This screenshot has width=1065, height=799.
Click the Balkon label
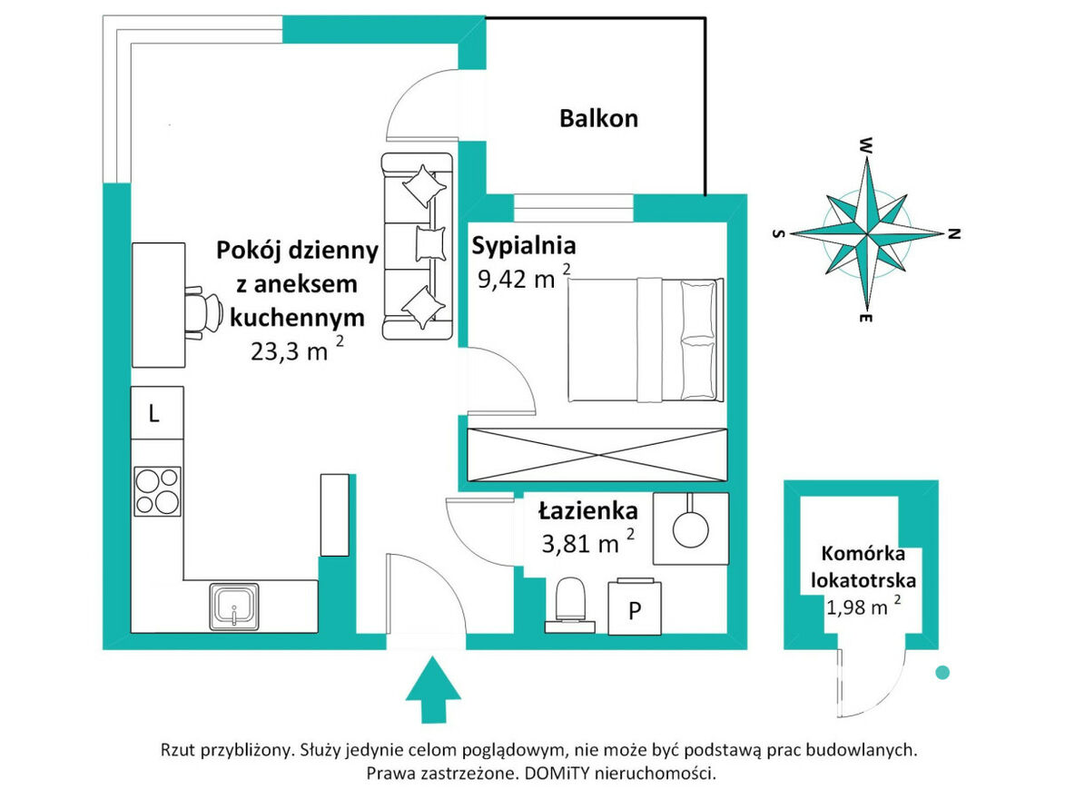[598, 118]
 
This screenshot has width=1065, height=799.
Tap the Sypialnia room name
[524, 246]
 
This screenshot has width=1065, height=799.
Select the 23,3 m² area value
[297, 350]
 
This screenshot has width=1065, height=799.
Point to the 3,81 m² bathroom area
[588, 541]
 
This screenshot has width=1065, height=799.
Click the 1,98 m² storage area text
[863, 606]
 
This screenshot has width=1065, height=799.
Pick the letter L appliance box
[157, 413]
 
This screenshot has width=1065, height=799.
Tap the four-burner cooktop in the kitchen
[158, 490]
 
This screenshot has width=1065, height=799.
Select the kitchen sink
[233, 607]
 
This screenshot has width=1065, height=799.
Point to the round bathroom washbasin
[690, 528]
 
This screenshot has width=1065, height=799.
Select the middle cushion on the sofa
[430, 244]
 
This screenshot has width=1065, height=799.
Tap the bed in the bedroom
[646, 340]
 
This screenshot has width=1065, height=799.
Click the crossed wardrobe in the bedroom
[597, 455]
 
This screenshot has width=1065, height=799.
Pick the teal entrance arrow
[433, 689]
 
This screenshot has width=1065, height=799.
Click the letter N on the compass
[954, 234]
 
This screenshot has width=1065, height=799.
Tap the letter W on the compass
[866, 144]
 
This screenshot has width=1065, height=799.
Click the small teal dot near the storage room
[942, 673]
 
